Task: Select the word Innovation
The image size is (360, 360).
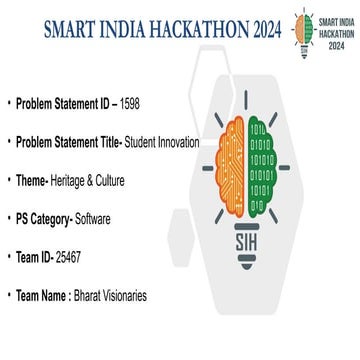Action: (x=178, y=143)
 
